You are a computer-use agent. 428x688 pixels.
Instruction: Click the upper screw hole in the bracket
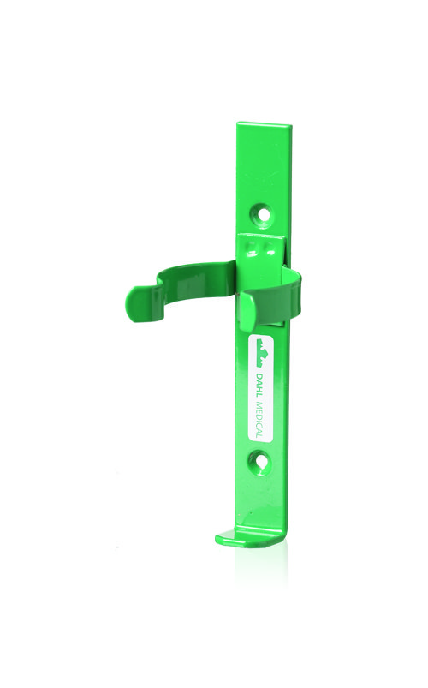pos(264,214)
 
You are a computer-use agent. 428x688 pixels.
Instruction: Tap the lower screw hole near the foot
pos(261,462)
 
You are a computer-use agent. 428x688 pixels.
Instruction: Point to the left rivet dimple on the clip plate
pos(252,248)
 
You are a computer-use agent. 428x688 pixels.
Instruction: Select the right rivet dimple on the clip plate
pos(269,249)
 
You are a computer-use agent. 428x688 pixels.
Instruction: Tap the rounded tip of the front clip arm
pos(246,310)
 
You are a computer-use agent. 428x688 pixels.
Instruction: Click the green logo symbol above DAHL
pos(262,353)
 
